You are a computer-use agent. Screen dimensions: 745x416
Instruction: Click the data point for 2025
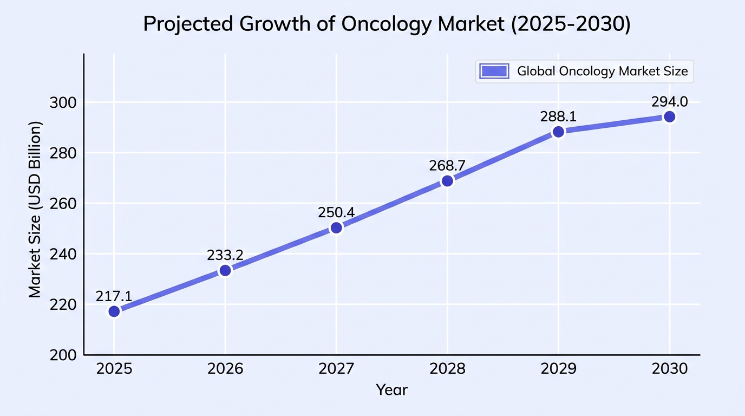(x=114, y=311)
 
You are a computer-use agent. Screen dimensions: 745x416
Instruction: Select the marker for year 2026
(x=225, y=270)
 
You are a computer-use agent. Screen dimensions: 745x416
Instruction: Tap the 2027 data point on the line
(x=336, y=227)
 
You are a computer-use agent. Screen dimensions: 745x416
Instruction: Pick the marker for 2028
(x=447, y=181)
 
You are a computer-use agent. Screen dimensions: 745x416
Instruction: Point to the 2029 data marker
(x=558, y=132)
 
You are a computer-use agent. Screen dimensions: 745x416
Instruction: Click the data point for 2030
(x=670, y=117)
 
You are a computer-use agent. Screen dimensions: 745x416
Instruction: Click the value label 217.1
(x=114, y=296)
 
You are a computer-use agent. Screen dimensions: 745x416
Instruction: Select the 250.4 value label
(x=336, y=212)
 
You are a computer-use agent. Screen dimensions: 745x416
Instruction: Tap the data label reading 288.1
(x=558, y=116)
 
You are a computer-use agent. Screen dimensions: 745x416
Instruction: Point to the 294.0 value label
(x=670, y=101)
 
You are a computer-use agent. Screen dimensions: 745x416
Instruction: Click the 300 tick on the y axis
(x=63, y=103)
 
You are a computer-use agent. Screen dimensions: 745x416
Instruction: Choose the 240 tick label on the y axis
(x=63, y=255)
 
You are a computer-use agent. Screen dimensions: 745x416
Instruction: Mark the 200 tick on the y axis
(x=63, y=355)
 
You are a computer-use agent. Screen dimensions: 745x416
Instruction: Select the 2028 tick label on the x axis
(x=447, y=369)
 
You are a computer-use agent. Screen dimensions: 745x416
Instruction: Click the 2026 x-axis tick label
(x=225, y=369)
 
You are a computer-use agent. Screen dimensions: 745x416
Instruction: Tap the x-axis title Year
(x=391, y=389)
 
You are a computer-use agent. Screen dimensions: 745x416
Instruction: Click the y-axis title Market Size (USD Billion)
(x=35, y=209)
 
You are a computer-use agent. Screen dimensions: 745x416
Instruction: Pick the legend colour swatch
(x=494, y=71)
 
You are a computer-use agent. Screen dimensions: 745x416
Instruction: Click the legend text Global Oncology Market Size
(x=602, y=71)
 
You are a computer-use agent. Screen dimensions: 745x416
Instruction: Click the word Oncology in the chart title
(x=386, y=24)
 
